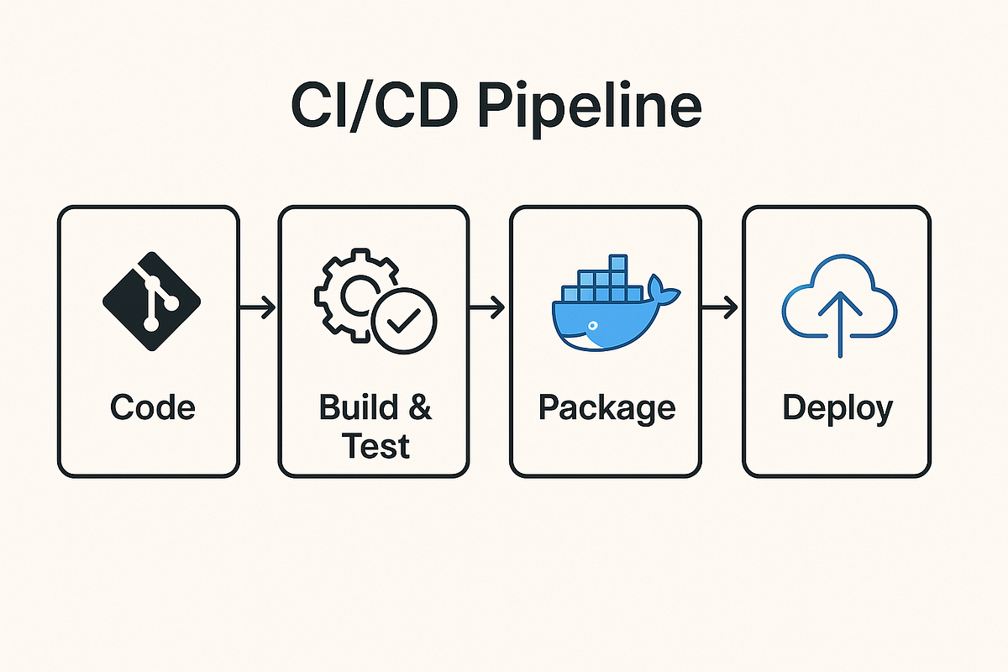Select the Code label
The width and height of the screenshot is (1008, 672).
click(152, 407)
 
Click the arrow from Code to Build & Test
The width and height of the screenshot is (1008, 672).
click(258, 308)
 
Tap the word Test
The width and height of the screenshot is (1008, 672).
click(375, 445)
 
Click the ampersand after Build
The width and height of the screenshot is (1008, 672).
click(417, 407)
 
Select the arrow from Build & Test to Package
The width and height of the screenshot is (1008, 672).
click(487, 308)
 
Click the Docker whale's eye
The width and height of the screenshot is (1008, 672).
click(592, 323)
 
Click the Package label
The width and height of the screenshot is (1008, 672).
click(606, 408)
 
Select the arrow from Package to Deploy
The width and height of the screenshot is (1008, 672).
click(720, 308)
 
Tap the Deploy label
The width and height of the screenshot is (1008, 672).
click(837, 409)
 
